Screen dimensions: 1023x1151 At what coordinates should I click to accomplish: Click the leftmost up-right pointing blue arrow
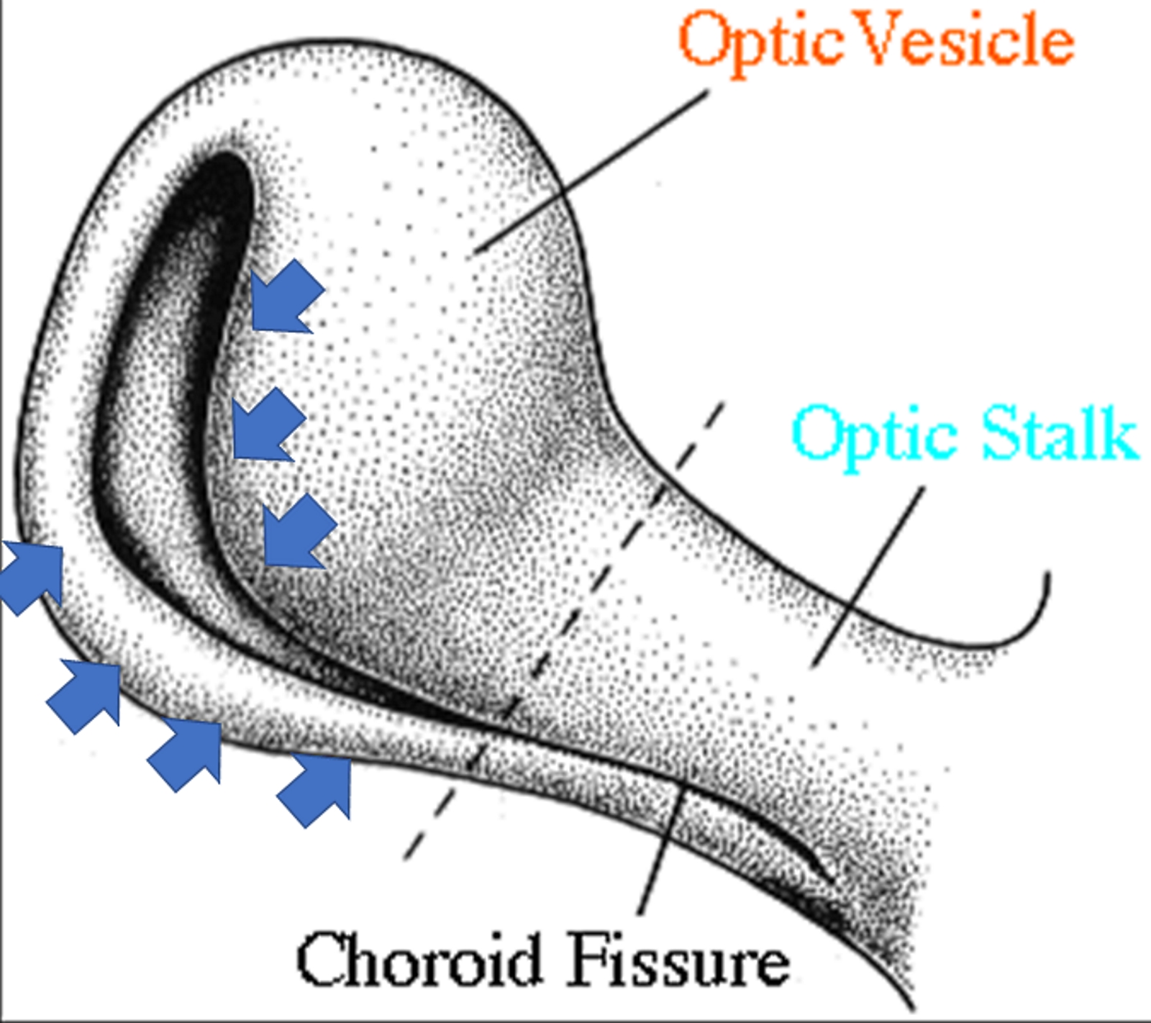(x=32, y=576)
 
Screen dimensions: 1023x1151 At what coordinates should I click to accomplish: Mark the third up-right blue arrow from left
(x=187, y=752)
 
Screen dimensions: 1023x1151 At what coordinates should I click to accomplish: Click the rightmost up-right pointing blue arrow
(x=317, y=788)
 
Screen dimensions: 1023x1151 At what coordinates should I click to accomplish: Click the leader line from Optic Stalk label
(x=867, y=576)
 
